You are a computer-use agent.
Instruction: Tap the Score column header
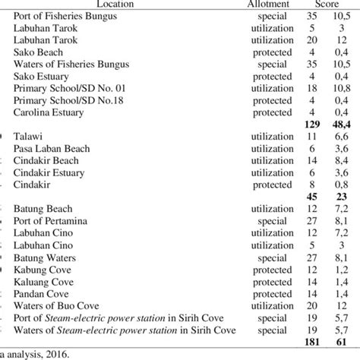click(x=327, y=4)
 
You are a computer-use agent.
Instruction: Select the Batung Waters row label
click(x=46, y=257)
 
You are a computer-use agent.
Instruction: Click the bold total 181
click(x=310, y=341)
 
